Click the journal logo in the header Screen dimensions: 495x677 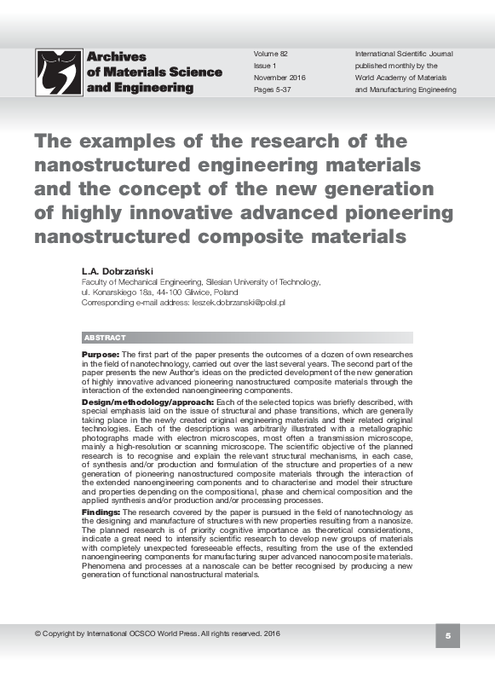tap(58, 72)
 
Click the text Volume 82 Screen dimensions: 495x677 tap(272, 53)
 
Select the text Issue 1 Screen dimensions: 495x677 tap(266, 66)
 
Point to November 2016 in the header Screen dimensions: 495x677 tap(279, 78)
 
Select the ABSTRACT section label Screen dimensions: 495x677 tap(105, 338)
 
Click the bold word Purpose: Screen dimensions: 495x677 tap(101, 354)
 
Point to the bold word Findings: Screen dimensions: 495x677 tap(101, 512)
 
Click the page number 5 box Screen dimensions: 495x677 tap(448, 636)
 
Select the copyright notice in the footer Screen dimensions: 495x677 tap(157, 634)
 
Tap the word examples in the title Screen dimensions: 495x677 tap(130, 141)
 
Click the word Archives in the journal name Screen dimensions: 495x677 tap(116, 57)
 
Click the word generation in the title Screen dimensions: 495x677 tap(379, 187)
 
